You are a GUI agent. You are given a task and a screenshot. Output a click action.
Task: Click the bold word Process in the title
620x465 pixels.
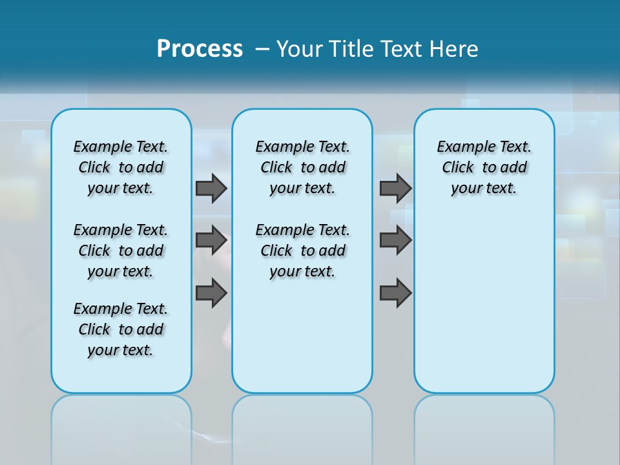click(x=200, y=48)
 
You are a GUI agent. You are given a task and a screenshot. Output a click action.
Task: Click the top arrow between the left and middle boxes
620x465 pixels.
click(x=211, y=188)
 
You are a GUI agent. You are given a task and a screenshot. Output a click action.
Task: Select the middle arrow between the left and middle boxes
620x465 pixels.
click(x=211, y=240)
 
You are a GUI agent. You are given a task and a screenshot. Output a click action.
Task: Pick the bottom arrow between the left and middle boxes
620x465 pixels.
click(x=211, y=292)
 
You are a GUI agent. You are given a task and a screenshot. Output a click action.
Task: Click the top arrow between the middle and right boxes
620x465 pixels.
click(x=395, y=188)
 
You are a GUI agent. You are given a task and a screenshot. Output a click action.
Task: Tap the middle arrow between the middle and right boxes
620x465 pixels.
click(x=395, y=240)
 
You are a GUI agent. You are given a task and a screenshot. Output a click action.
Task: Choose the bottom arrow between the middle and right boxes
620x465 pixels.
click(x=395, y=293)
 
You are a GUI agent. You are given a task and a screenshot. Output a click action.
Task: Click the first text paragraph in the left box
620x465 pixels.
click(x=121, y=167)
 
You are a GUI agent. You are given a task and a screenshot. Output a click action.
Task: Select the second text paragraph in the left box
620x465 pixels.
click(x=121, y=251)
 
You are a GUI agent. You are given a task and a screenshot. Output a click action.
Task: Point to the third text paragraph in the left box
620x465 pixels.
click(x=121, y=329)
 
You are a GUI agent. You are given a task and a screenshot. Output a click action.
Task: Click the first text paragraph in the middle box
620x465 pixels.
click(x=302, y=167)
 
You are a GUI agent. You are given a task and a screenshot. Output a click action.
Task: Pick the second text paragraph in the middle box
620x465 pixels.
click(x=302, y=251)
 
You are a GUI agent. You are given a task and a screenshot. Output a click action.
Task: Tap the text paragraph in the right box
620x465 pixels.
click(x=484, y=167)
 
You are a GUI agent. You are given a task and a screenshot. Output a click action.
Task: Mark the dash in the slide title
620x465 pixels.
click(x=262, y=49)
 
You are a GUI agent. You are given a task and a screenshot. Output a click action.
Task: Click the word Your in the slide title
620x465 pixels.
click(x=300, y=48)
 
